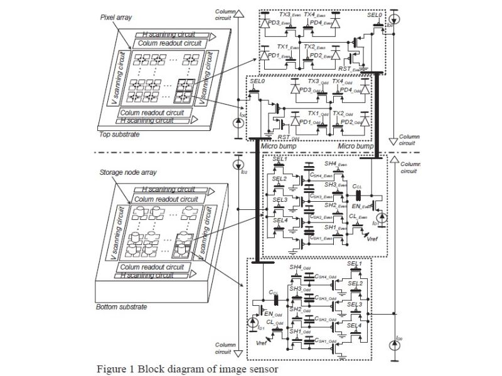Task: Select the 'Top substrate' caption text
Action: [x=120, y=134]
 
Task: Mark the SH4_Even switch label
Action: [x=336, y=164]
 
